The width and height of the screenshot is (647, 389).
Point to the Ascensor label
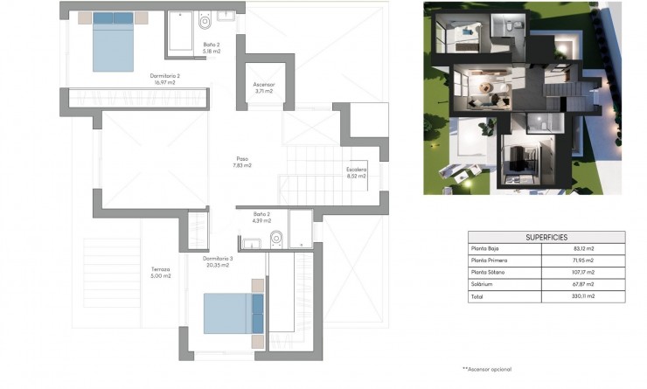point(264,87)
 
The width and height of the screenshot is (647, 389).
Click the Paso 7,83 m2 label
point(242,162)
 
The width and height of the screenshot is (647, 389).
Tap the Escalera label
point(357,172)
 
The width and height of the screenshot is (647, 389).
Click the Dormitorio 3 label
point(218,261)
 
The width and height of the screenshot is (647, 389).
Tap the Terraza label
point(159,272)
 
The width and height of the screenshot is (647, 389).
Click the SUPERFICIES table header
point(546,237)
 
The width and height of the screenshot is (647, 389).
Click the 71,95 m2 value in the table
point(583,260)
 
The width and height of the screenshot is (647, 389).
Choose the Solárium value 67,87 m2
point(583,284)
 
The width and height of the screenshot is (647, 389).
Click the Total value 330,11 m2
point(583,296)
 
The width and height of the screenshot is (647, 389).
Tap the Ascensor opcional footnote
point(487,370)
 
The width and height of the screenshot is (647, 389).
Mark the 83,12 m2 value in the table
point(583,248)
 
